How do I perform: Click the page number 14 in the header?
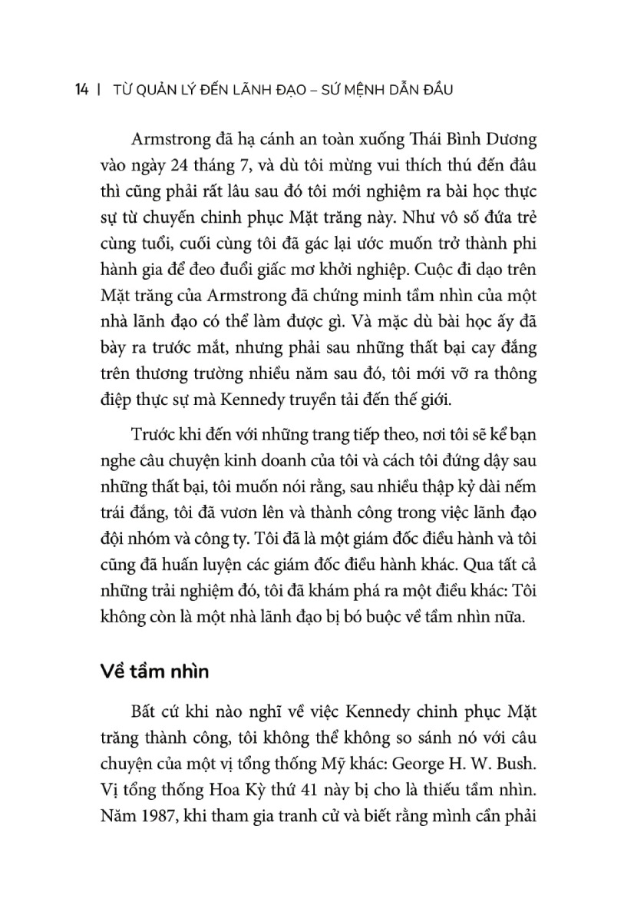click(81, 90)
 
